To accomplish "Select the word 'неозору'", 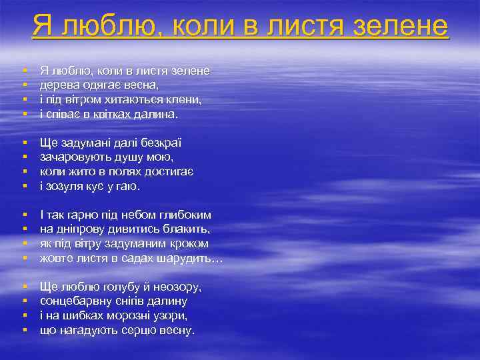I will [177, 287].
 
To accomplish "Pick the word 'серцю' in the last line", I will [133, 331].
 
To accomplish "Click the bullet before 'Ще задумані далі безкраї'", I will [24, 143].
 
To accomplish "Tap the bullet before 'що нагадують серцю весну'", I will [24, 331].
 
